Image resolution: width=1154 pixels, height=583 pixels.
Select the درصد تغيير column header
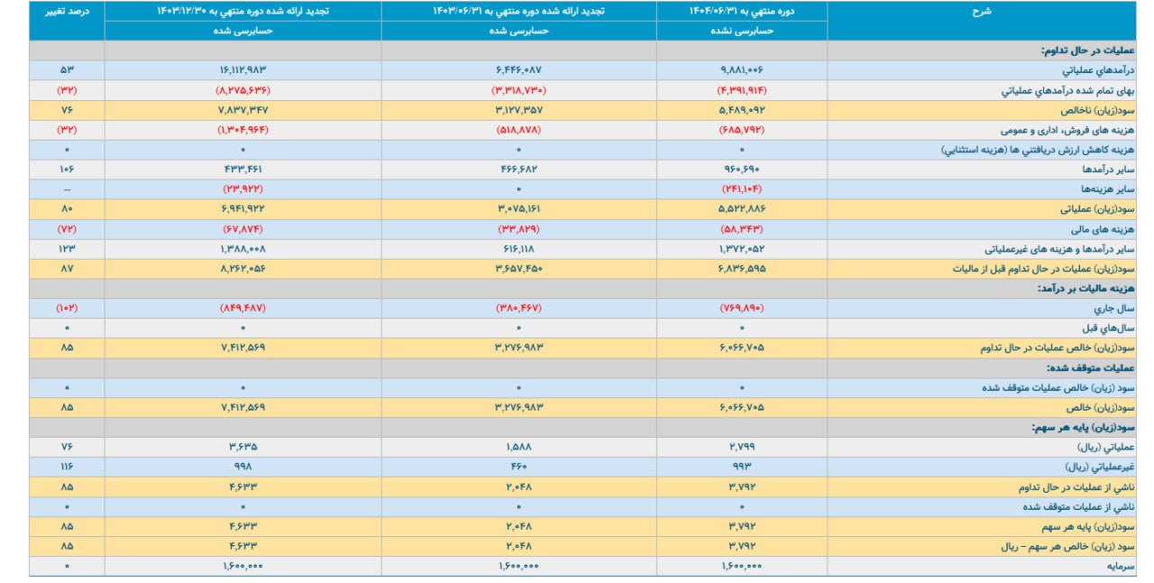tap(66, 11)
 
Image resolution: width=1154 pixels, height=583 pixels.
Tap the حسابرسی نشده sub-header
tap(742, 31)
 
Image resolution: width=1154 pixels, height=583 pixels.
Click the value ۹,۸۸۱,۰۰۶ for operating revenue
tap(742, 69)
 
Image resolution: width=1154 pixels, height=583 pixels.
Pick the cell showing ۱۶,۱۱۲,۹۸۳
tap(243, 69)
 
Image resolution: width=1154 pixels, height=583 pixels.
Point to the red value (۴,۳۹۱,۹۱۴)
tap(742, 89)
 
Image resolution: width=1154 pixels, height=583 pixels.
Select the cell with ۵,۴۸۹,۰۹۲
tap(742, 109)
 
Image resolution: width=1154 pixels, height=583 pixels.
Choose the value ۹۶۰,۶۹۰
tap(742, 169)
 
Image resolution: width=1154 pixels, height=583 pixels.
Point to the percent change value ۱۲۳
tap(66, 248)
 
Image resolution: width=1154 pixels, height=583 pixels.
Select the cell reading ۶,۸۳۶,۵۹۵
tap(742, 268)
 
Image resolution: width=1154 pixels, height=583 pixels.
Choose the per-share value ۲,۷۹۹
tap(742, 447)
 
